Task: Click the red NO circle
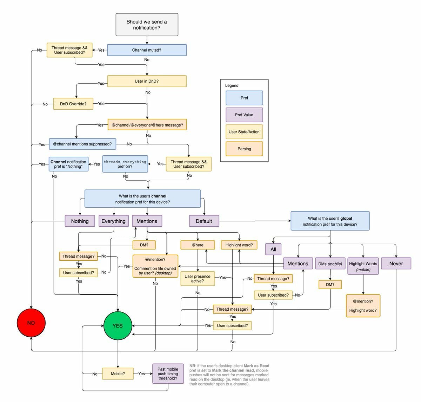pyautogui.click(x=31, y=323)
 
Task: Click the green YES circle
pyautogui.click(x=118, y=326)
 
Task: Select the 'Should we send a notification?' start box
pyautogui.click(x=147, y=25)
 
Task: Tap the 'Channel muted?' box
pyautogui.click(x=147, y=50)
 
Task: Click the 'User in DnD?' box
pyautogui.click(x=147, y=81)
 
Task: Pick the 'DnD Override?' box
pyautogui.click(x=73, y=104)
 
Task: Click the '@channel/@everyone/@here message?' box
pyautogui.click(x=147, y=125)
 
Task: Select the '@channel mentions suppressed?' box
pyautogui.click(x=82, y=144)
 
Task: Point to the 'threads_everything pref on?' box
pyautogui.click(x=125, y=164)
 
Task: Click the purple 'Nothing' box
pyautogui.click(x=80, y=221)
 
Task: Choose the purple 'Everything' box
pyautogui.click(x=113, y=221)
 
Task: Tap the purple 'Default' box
pyautogui.click(x=204, y=221)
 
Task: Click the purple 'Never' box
pyautogui.click(x=396, y=264)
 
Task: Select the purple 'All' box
pyautogui.click(x=273, y=249)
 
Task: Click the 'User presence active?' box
pyautogui.click(x=197, y=279)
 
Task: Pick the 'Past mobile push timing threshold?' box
pyautogui.click(x=168, y=374)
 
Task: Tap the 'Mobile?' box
pyautogui.click(x=118, y=374)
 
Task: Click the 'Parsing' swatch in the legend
pyautogui.click(x=244, y=149)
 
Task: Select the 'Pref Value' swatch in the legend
pyautogui.click(x=244, y=115)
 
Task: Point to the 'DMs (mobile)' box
pyautogui.click(x=330, y=264)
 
